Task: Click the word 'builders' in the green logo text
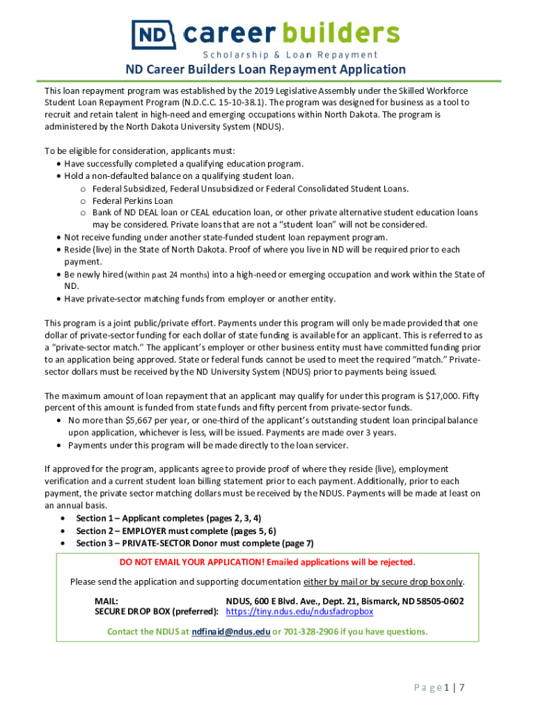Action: [345, 33]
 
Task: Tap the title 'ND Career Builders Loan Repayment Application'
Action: [265, 70]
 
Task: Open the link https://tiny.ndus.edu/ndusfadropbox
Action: [300, 611]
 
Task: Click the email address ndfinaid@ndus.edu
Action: [230, 632]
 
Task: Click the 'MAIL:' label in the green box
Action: [106, 601]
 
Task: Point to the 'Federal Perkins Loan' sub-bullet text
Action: [133, 201]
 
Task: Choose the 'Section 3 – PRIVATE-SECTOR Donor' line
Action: [195, 543]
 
